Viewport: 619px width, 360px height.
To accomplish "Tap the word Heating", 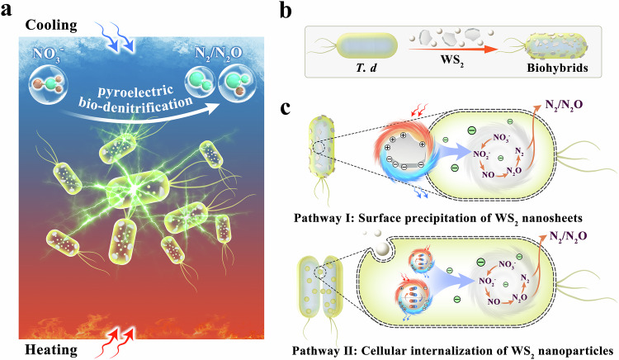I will tap(43, 348).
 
